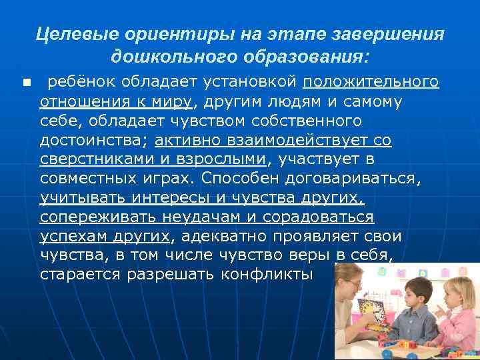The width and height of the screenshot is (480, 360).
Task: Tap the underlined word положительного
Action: pyautogui.click(x=371, y=82)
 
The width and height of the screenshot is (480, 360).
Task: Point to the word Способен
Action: pyautogui.click(x=231, y=179)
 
